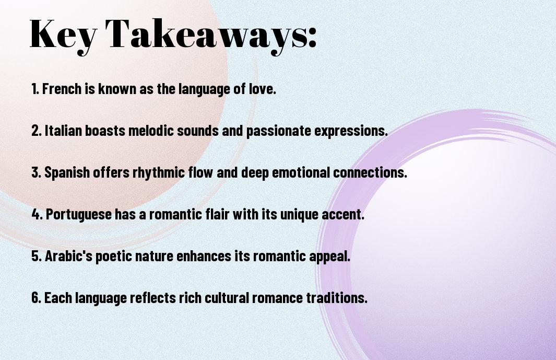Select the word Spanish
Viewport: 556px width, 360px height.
[67, 173]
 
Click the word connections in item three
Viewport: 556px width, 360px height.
[370, 172]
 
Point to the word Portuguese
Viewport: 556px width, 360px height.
[79, 215]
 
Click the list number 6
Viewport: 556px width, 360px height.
[36, 298]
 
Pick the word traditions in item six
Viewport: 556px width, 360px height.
[337, 298]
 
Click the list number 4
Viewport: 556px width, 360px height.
[36, 214]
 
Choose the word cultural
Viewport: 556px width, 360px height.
[227, 298]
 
